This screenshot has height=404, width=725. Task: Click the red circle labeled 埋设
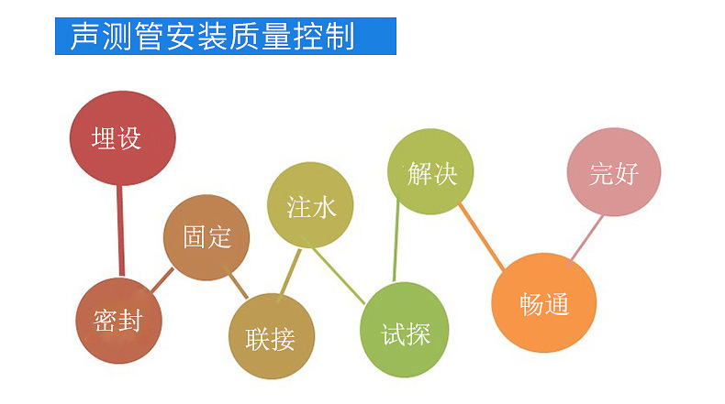123,138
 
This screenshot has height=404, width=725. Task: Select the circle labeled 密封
118,321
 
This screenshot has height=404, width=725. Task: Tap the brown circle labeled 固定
206,237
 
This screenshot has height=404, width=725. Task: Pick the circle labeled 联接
272,336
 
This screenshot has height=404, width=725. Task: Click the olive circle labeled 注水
310,205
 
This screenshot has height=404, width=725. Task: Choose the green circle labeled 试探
404,330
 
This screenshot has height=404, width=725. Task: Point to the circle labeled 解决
430,171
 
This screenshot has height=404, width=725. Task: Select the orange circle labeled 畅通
543,303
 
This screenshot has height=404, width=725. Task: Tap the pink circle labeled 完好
614,171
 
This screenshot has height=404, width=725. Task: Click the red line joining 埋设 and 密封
120,231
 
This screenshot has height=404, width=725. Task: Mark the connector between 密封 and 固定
162,279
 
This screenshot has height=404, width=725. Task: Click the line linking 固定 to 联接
239,286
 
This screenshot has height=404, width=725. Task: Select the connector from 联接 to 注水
291,272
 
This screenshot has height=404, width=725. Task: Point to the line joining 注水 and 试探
339,276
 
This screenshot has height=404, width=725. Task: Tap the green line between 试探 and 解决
396,240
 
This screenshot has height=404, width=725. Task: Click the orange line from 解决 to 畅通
481,237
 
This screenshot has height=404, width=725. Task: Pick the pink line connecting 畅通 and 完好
586,239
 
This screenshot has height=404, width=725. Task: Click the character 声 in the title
85,36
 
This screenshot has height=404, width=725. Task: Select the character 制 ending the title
340,36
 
